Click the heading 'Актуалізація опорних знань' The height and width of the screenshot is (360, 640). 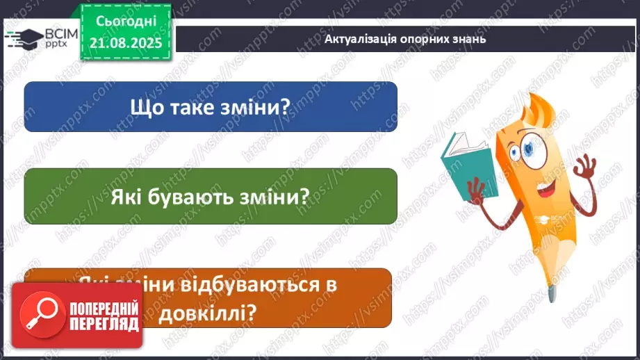click(405, 39)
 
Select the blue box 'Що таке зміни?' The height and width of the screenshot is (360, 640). click(211, 106)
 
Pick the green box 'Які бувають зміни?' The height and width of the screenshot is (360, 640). click(211, 197)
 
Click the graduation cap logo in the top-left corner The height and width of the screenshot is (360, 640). click(20, 38)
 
